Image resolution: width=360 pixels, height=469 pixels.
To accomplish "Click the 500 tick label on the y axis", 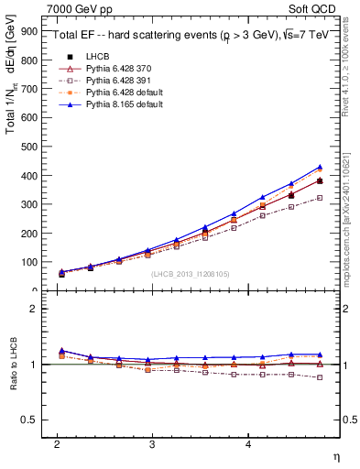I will pyautogui.click(x=30, y=146).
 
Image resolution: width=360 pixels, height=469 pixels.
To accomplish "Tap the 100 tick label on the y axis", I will pyautogui.click(x=30, y=262).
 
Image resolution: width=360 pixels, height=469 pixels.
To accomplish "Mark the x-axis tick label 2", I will pyautogui.click(x=57, y=443).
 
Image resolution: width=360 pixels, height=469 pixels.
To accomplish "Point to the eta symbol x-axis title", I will pyautogui.click(x=336, y=455).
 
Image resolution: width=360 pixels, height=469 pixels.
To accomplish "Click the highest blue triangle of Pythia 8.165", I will pyautogui.click(x=320, y=167).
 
